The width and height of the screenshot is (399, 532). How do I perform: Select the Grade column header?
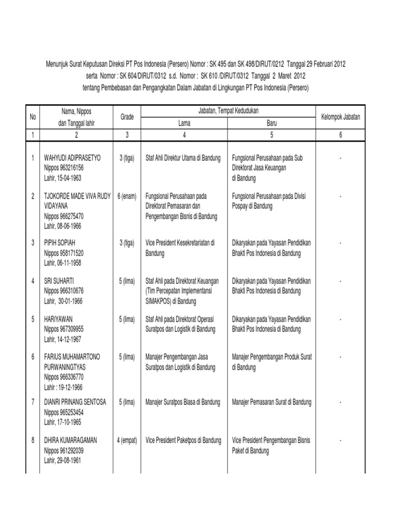(x=127, y=117)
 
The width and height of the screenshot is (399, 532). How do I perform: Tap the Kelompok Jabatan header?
(x=340, y=117)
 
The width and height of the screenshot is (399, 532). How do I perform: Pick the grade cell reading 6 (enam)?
(x=127, y=196)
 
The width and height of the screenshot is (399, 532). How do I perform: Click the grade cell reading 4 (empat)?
(x=127, y=441)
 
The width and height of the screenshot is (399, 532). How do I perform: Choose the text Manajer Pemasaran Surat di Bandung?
(x=272, y=402)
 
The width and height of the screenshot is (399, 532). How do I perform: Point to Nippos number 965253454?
(x=63, y=411)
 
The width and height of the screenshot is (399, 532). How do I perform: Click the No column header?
(x=33, y=117)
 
